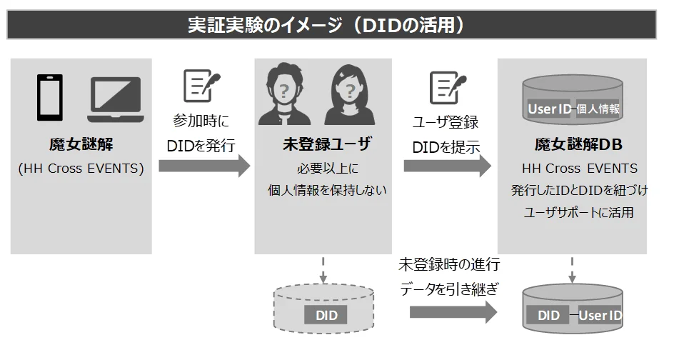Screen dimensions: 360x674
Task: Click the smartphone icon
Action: coord(50,99)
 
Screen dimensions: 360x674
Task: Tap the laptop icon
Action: coord(114,99)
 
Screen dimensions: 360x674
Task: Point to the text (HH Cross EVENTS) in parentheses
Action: coord(81,169)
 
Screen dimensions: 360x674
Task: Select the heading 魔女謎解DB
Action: coord(579,145)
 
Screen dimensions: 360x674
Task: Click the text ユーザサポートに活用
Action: coord(579,213)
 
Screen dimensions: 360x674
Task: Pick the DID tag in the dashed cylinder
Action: coord(325,315)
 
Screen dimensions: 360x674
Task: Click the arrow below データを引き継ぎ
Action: coord(453,312)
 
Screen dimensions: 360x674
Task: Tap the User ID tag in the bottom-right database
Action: coord(600,315)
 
